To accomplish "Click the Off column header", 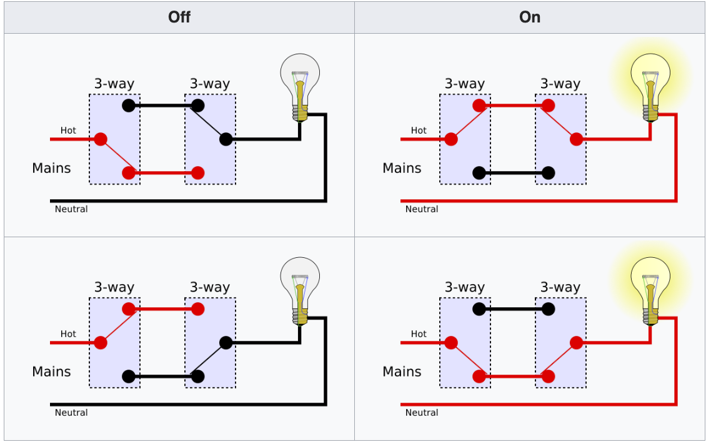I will pos(179,17).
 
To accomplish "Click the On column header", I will pos(530,17).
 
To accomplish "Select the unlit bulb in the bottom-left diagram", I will pos(300,290).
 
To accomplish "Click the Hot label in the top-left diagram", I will pos(68,130).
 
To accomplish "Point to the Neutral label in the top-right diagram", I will pos(422,209).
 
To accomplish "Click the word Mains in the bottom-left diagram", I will pos(51,371).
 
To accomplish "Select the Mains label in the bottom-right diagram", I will pos(402,371).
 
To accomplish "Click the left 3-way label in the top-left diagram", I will pos(114,84).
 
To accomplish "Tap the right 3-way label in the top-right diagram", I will pos(560,84).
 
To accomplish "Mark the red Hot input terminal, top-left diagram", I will pos(100,139).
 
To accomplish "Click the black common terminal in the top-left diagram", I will pos(226,139).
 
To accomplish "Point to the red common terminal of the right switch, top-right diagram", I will pos(577,139).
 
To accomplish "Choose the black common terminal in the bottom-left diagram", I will pos(226,343).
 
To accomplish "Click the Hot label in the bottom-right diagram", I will pos(419,334).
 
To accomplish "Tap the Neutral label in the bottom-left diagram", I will pos(71,413).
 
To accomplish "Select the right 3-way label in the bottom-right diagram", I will pos(560,287).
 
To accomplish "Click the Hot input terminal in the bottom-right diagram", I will pos(450,343).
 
